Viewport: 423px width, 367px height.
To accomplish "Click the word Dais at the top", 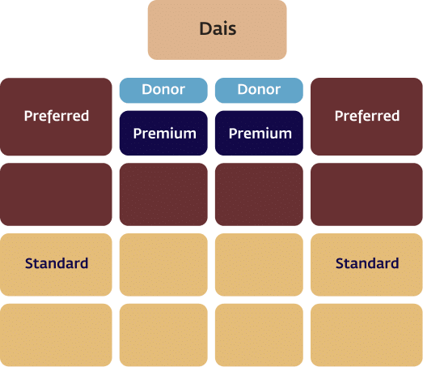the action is coord(218,28).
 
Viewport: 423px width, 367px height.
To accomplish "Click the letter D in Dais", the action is coord(205,28).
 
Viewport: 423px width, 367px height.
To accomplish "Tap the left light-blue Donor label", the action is coord(163,91).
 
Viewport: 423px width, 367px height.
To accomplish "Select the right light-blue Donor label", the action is coord(259,91).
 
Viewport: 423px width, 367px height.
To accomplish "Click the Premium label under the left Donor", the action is coord(163,133).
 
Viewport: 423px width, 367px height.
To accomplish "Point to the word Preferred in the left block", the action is coord(57,116).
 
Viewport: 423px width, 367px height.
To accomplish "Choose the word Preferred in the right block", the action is coord(367,116).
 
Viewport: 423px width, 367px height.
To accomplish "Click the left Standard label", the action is coord(57,263).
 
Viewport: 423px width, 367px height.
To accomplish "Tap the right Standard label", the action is coord(367,263).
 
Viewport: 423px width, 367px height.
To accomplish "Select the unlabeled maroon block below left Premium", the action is coord(163,194).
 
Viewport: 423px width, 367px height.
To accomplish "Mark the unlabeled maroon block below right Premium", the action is coord(259,194).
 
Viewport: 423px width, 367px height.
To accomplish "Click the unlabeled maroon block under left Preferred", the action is coord(56,194).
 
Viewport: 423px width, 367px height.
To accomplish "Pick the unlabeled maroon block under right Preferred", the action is coord(366,194).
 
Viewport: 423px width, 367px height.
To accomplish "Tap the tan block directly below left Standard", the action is coord(56,335).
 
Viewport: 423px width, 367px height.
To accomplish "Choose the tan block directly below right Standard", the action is coord(366,335).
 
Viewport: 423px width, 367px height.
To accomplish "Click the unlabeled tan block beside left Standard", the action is coord(163,265).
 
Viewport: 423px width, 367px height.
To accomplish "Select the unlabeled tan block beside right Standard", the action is coord(259,265).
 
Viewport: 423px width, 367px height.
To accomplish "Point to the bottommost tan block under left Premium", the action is coord(163,335).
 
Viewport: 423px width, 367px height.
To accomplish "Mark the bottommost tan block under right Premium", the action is coord(259,335).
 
